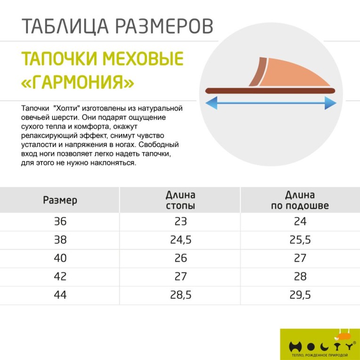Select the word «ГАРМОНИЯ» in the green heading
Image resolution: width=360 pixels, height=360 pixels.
point(78,83)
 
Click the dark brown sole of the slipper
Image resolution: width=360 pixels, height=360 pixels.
point(270,91)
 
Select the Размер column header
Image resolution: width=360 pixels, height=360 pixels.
point(60,200)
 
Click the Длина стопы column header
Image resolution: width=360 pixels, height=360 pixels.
point(180,200)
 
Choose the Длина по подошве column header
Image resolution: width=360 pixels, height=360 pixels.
point(300,200)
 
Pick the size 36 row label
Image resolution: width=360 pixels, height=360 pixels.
point(60,221)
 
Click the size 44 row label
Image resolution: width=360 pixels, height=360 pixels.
point(60,295)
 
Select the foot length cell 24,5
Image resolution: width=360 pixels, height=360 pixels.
point(180,240)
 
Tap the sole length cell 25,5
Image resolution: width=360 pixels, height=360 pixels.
point(300,240)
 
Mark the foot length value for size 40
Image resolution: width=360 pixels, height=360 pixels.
point(180,258)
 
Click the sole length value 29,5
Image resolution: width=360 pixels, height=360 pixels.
point(300,295)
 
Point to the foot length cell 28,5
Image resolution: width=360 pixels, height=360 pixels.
point(180,295)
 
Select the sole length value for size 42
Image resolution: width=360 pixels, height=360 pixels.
point(300,277)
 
